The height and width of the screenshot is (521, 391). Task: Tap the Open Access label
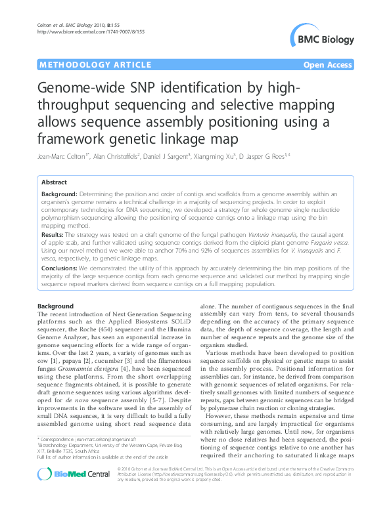329,65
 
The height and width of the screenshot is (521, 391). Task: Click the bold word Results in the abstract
52,234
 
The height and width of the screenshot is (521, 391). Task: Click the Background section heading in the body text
56,306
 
